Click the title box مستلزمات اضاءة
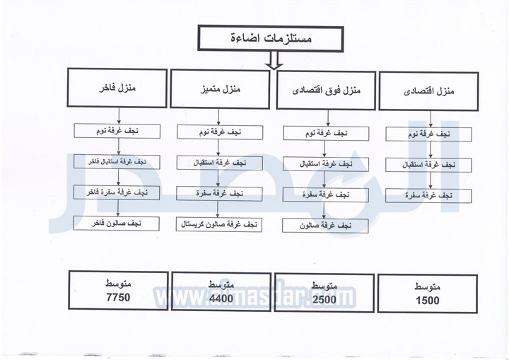coord(270,39)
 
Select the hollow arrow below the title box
coord(274,60)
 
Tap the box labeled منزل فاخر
coord(117,88)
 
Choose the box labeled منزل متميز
coord(220,89)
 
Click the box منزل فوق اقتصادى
coord(326,91)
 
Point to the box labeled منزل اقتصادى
coord(428,91)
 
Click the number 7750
coord(118,297)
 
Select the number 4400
coord(221,298)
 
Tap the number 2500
coord(324,299)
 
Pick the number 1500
coord(428,301)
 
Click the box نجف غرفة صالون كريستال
coord(219,224)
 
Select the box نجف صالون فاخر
coord(116,223)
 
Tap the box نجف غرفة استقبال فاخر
coord(117,161)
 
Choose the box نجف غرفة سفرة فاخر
coord(117,192)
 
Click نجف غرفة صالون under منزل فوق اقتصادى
coord(325,226)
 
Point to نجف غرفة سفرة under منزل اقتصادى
coord(428,196)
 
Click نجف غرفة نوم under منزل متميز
coord(220,132)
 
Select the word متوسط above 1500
coord(428,287)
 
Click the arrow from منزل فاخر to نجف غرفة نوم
coord(119,116)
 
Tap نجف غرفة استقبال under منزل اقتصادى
coord(428,165)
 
